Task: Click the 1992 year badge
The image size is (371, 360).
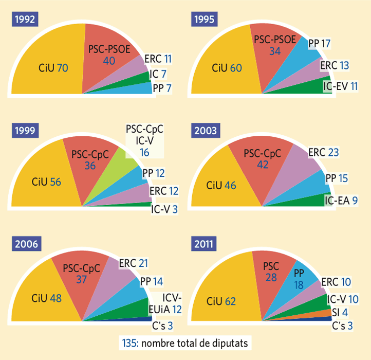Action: coord(25,20)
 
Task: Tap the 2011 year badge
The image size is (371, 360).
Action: coord(205,244)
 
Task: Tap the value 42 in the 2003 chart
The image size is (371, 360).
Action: coord(262,165)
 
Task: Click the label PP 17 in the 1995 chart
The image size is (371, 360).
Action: coord(319,43)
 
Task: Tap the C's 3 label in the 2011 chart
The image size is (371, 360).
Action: coord(342,326)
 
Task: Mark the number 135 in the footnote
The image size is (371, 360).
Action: coord(128,343)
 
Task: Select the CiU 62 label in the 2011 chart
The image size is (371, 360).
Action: coord(222,301)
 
